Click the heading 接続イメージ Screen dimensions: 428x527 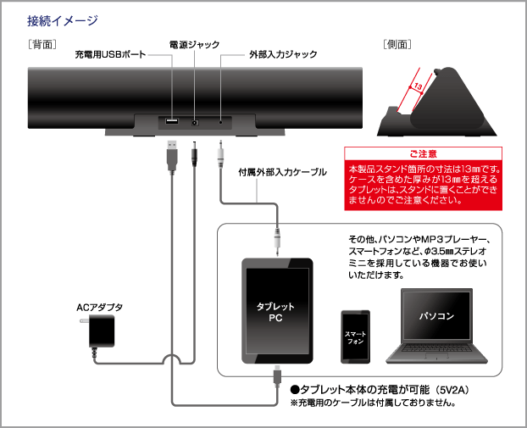pos(63,19)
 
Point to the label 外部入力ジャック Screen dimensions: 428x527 pos(283,54)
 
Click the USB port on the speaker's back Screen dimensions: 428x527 pos(171,122)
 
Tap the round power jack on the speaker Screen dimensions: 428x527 pos(197,122)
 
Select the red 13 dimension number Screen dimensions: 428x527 pos(418,86)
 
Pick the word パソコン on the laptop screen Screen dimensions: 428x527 pos(437,315)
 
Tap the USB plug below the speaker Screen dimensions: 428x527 pos(169,155)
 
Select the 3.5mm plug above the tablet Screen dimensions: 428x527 pos(276,238)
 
